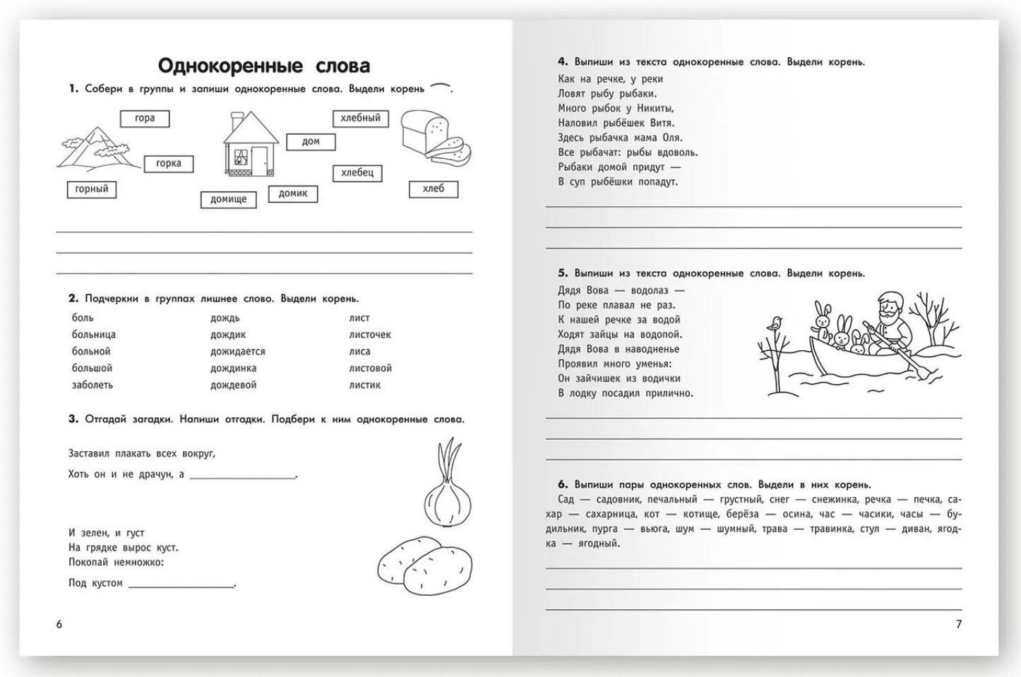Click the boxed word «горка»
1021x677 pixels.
(168, 164)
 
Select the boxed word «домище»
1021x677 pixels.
(228, 199)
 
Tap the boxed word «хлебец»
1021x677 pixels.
(357, 173)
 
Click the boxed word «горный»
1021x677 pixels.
(92, 189)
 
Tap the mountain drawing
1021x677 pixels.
(95, 149)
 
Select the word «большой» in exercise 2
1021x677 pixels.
(92, 368)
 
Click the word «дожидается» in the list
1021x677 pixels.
(237, 352)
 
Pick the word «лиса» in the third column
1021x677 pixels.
(359, 352)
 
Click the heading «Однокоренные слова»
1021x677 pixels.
(263, 66)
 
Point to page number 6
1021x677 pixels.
(59, 624)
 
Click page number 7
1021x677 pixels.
(958, 624)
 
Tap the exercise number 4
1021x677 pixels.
(562, 62)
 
